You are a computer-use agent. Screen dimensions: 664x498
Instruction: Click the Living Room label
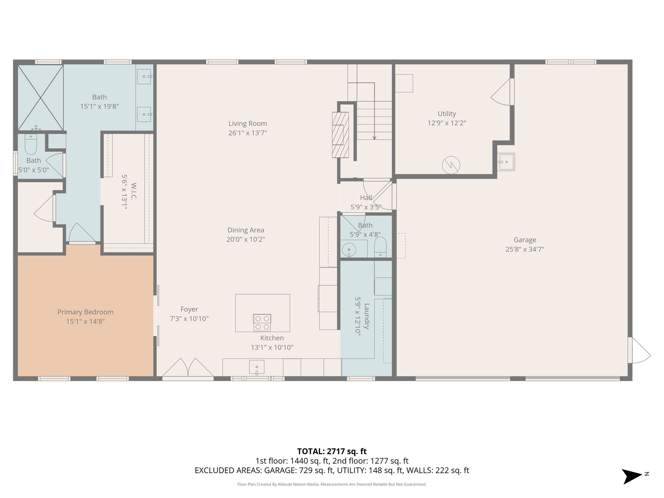point(248,124)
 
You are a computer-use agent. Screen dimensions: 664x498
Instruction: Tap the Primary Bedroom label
point(85,312)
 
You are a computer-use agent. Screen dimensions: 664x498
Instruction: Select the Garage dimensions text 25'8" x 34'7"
point(525,249)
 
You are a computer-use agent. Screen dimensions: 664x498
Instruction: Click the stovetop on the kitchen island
point(262,323)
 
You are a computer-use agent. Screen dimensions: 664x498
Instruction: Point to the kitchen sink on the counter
point(257,367)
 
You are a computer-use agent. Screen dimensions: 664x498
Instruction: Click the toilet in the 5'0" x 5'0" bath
point(31,144)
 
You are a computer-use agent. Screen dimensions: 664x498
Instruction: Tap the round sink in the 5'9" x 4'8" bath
point(349,249)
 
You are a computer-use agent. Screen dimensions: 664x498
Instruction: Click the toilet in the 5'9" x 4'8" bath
point(380,247)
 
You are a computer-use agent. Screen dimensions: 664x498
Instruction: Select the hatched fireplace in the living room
point(340,135)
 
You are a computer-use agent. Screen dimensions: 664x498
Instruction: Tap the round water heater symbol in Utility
point(451,165)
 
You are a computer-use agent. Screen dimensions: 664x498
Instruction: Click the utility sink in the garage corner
point(506,162)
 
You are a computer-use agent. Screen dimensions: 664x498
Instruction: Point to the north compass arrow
point(632,476)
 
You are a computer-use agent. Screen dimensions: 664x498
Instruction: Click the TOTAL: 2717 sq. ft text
point(332,452)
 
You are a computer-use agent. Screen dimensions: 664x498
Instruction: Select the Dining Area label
point(246,230)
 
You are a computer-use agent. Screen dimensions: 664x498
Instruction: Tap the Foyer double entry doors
point(188,368)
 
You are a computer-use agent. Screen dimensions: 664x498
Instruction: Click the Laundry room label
point(367,316)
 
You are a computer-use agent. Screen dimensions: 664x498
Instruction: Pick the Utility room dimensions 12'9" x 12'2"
point(447,123)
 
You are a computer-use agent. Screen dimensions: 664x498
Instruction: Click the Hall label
point(366,198)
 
